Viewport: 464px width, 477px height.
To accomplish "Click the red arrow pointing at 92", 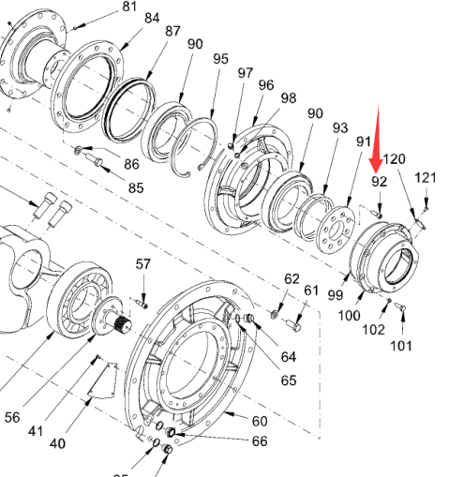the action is point(377,141).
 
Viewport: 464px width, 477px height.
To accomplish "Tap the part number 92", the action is point(379,182).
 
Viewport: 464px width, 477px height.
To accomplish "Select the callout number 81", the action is point(129,7).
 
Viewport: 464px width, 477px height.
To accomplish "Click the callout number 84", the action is point(152,19).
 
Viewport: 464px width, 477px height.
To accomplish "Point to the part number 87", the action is point(172,31).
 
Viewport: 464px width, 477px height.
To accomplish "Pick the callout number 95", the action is point(221,59).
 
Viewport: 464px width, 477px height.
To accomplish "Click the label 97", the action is point(246,73).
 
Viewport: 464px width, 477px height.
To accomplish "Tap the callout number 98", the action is point(289,98).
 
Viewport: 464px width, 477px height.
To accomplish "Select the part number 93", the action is point(340,128).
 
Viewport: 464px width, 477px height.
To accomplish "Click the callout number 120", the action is point(394,159).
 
